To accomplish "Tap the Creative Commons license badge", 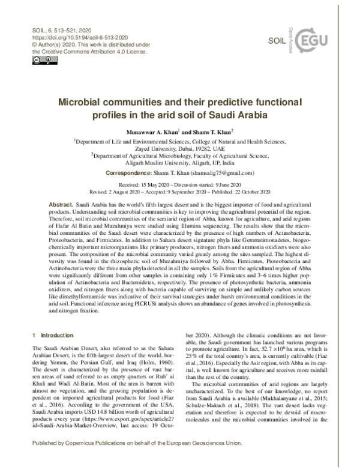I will coord(37,61).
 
